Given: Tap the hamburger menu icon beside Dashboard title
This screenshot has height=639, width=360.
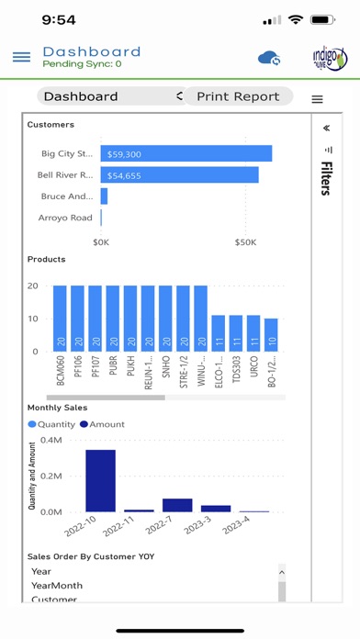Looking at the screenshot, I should (x=21, y=57).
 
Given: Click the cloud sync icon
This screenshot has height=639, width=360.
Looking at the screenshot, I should (x=269, y=58).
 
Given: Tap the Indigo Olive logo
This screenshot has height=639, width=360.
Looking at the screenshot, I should (x=330, y=58).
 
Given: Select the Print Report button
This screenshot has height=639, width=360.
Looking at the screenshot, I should (x=238, y=96).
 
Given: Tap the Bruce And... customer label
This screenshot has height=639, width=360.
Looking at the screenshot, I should (x=67, y=196).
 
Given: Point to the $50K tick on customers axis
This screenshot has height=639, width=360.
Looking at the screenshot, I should (x=245, y=241).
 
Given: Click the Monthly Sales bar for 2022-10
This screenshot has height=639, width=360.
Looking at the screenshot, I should (x=100, y=480).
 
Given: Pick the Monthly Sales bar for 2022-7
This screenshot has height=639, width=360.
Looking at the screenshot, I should (x=177, y=505).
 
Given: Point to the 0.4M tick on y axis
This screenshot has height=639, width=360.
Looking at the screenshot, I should (x=51, y=441).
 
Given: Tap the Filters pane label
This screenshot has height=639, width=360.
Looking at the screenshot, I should (x=326, y=178).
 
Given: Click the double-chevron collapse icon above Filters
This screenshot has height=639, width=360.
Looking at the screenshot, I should (x=327, y=129).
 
